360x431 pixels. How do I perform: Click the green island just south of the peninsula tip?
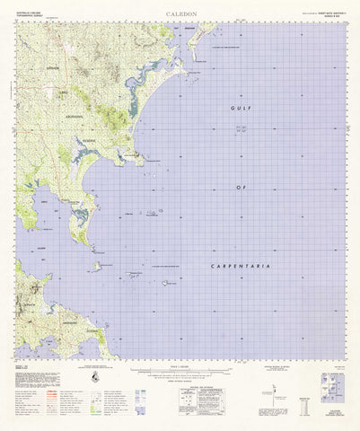96,266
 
